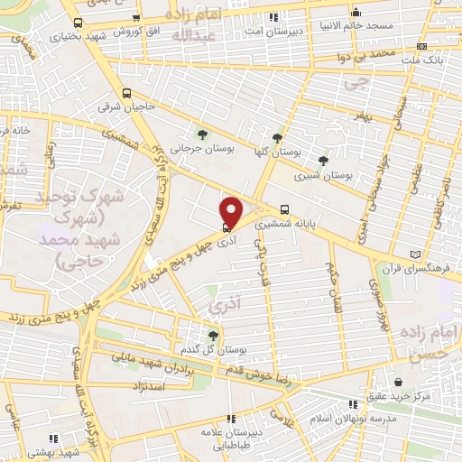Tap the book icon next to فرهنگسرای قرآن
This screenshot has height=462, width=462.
coord(415,254)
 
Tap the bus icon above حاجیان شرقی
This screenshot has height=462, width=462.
coord(127,93)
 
